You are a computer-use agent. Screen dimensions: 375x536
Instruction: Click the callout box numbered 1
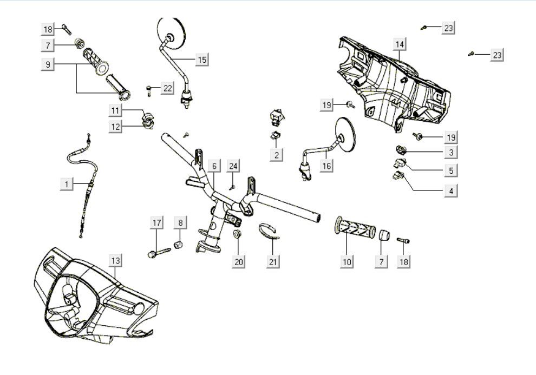click(x=67, y=185)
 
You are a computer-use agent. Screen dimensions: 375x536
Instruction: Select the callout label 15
click(x=201, y=60)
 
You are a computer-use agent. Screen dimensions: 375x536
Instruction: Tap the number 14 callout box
click(x=400, y=43)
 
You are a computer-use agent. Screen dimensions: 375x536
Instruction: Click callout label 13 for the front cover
click(x=115, y=260)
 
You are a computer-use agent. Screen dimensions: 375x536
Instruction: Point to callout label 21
click(x=273, y=262)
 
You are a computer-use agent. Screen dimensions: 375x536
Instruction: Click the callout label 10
click(x=347, y=262)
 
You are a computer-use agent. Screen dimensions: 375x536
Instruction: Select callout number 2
click(x=277, y=155)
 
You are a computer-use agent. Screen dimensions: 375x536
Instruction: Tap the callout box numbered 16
click(x=326, y=166)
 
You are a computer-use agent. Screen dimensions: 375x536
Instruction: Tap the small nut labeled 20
click(x=237, y=235)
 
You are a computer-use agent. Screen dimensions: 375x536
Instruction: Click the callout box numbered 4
click(x=450, y=190)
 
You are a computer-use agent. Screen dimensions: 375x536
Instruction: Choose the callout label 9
click(x=48, y=64)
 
